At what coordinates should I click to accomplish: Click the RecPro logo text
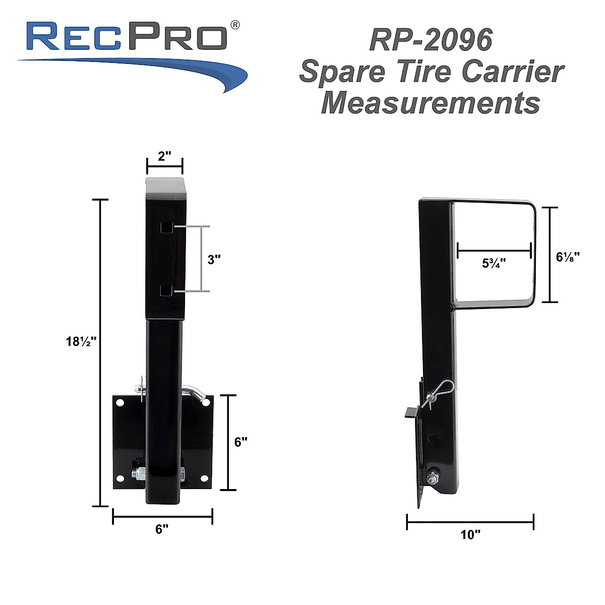(126, 36)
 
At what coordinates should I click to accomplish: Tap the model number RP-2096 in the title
(431, 40)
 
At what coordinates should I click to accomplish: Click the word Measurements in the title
(431, 103)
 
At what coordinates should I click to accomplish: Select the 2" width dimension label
(164, 156)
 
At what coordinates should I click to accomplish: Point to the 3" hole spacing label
(214, 260)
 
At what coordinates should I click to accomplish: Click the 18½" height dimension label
(81, 341)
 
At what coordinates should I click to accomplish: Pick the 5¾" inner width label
(494, 263)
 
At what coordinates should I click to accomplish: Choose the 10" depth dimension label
(470, 534)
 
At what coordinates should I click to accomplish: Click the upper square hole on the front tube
(166, 228)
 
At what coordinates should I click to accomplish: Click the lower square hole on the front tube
(166, 290)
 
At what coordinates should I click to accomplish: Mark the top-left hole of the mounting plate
(120, 403)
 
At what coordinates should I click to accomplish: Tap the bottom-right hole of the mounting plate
(204, 478)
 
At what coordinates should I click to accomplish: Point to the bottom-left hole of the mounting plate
(120, 478)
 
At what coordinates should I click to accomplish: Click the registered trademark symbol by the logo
(234, 24)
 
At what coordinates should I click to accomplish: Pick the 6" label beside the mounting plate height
(241, 442)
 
